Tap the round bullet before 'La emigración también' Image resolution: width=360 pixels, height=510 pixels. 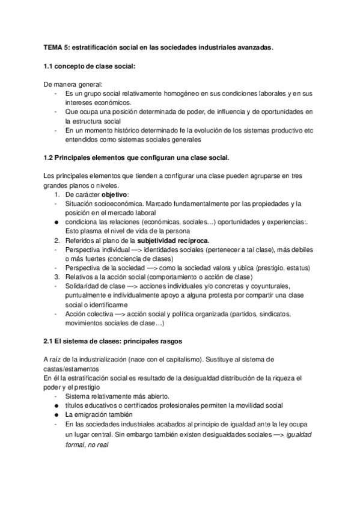[x=56, y=415]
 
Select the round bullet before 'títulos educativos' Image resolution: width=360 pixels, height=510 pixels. [x=56, y=405]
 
